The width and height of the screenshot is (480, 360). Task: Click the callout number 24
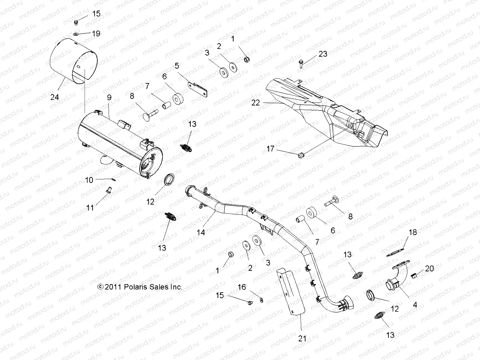coord(55,97)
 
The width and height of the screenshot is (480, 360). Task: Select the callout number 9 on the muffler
coord(109,97)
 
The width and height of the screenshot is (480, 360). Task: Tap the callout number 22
coord(256,103)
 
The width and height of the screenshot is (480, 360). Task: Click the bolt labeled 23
coord(301,63)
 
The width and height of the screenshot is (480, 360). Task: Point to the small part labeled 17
coord(301,155)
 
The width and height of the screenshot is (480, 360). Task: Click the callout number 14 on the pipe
coord(201,232)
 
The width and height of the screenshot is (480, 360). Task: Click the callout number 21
coord(302,339)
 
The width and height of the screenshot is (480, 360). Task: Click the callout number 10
coord(89,180)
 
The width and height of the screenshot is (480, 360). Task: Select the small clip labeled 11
coord(109,190)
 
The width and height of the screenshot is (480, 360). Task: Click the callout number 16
coord(241,287)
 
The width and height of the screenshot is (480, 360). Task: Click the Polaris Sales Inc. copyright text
coord(140,287)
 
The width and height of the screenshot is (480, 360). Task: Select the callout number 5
coord(177,66)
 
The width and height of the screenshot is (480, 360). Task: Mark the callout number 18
coord(413,232)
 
